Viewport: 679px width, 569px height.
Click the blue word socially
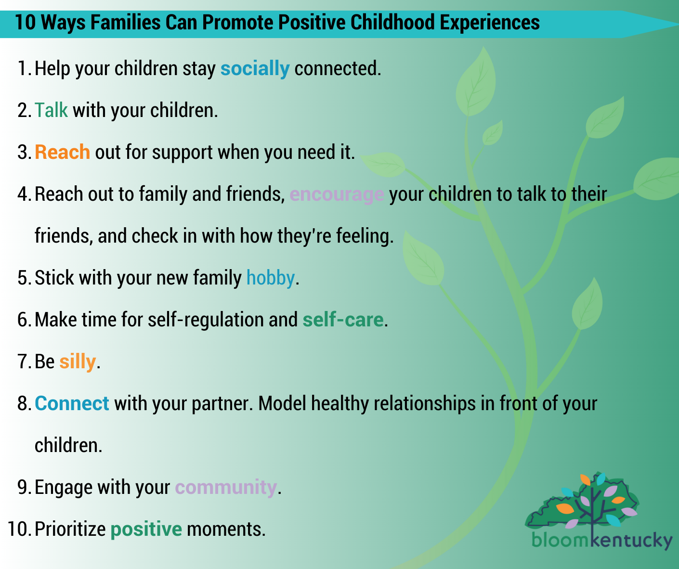(x=255, y=69)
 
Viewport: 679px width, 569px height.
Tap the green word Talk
(x=51, y=110)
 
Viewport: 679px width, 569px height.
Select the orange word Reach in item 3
(x=62, y=152)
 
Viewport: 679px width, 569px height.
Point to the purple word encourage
(x=337, y=195)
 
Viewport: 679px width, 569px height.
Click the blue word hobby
(x=271, y=278)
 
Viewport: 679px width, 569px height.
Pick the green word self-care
(x=343, y=320)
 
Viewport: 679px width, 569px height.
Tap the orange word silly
(x=78, y=362)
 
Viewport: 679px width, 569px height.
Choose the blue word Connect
(x=72, y=403)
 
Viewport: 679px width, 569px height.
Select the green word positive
(x=146, y=530)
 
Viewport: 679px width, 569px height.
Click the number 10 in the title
(x=25, y=23)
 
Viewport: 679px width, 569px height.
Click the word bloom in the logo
(x=561, y=540)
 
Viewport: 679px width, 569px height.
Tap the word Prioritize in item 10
(x=70, y=529)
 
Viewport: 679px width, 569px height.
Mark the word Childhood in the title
(x=392, y=23)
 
